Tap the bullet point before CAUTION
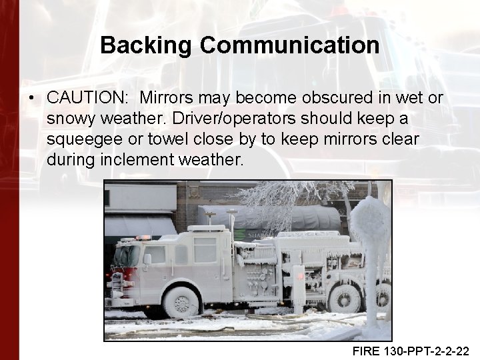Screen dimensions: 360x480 click(31, 97)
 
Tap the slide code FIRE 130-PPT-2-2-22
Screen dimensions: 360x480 click(411, 349)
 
